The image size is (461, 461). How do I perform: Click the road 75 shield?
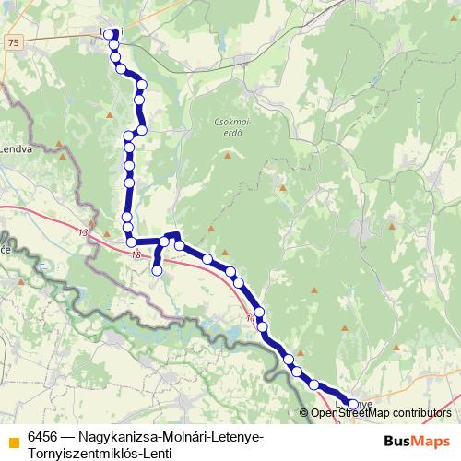[11, 43]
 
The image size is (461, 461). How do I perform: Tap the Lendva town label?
[15, 148]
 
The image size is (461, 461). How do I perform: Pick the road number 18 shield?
[136, 255]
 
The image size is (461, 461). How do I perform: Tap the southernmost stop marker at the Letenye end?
[352, 404]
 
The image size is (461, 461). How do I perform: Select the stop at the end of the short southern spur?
[157, 271]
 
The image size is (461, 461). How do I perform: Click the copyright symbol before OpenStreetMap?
[304, 413]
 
